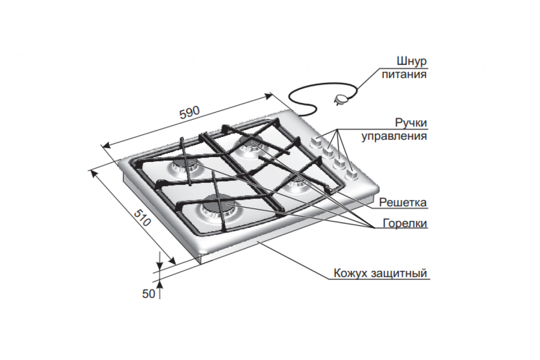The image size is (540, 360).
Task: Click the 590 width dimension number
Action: pyautogui.click(x=189, y=112)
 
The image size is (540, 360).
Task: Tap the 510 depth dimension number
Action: pyautogui.click(x=143, y=218)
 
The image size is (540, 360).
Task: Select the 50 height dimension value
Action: pyautogui.click(x=148, y=294)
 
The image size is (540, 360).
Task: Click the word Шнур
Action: pyautogui.click(x=412, y=61)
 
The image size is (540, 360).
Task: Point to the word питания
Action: pyautogui.click(x=404, y=74)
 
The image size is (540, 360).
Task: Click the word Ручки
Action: pyautogui.click(x=411, y=123)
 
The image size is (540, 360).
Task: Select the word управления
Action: pyautogui.click(x=394, y=136)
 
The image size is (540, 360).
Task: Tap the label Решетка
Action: pyautogui.click(x=403, y=202)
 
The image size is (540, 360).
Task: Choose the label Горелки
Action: pyautogui.click(x=405, y=223)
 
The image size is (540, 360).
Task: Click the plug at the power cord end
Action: pyautogui.click(x=340, y=99)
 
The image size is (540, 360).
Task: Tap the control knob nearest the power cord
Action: pyautogui.click(x=315, y=142)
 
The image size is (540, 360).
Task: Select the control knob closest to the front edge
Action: pyautogui.click(x=351, y=175)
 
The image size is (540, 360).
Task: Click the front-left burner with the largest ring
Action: pyautogui.click(x=218, y=209)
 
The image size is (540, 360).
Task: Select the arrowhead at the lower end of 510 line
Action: pyautogui.click(x=172, y=261)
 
